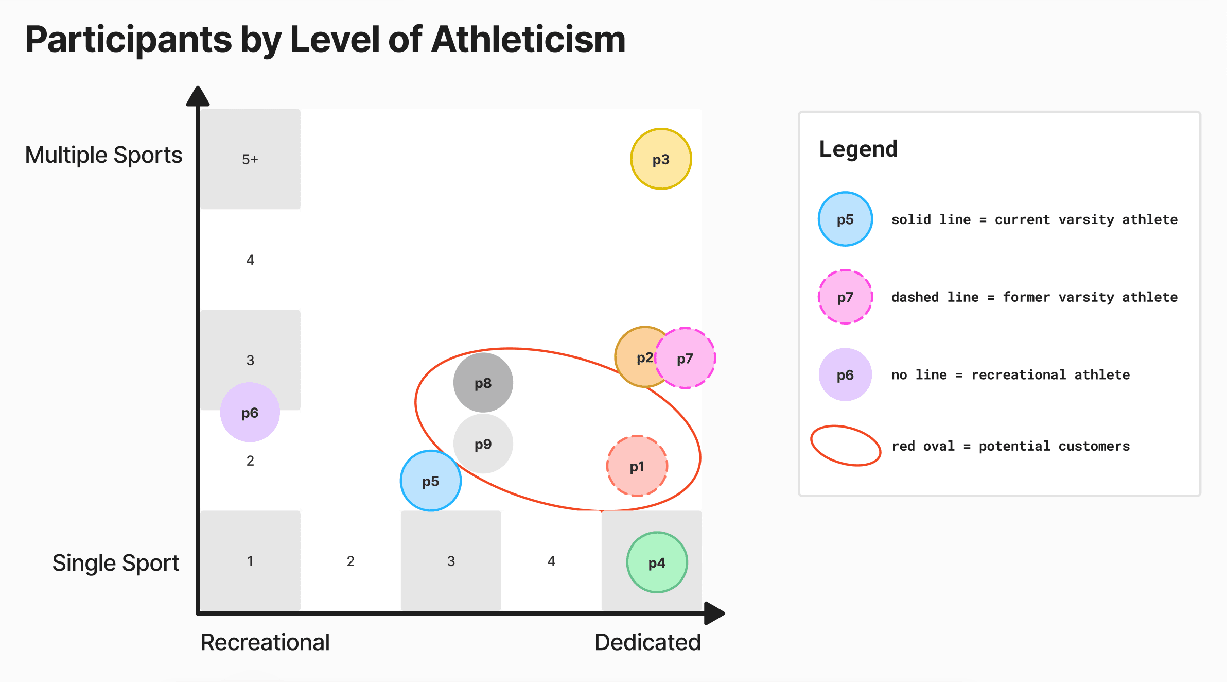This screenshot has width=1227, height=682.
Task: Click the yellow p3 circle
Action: click(661, 159)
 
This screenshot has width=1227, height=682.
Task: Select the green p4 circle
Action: click(657, 562)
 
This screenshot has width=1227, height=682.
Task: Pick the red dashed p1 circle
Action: click(637, 466)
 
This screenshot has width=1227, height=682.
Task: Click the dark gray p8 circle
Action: click(483, 383)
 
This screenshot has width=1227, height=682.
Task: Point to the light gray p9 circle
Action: click(483, 444)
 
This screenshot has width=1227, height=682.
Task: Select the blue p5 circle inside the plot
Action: click(431, 481)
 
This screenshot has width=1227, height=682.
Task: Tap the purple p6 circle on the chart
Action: click(250, 412)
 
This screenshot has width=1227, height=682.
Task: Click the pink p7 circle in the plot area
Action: click(685, 358)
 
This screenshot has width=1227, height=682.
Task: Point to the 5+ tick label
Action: click(250, 159)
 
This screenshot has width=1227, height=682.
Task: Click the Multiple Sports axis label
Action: click(103, 155)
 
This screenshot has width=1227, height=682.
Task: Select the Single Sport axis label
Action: click(116, 563)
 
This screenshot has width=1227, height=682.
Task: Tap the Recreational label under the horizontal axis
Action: click(265, 642)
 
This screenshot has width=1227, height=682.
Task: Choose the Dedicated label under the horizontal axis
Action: click(647, 642)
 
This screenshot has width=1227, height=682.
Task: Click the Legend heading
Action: click(858, 149)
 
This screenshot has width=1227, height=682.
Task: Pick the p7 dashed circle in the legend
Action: click(845, 297)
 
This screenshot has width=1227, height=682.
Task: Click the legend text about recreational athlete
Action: click(1010, 375)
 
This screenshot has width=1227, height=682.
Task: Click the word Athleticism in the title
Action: click(529, 40)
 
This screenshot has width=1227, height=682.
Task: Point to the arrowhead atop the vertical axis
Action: click(198, 96)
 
